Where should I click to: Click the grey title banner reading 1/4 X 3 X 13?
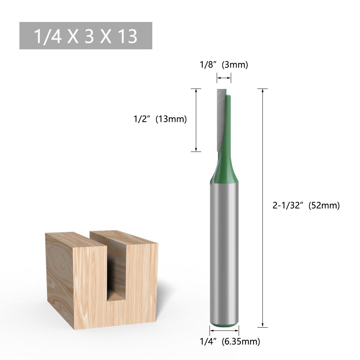click(86, 36)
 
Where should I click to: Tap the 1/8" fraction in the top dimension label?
click(208, 65)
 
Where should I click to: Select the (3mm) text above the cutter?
click(235, 65)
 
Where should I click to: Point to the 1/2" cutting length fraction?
click(141, 119)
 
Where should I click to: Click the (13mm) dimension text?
click(171, 119)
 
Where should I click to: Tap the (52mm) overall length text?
click(324, 206)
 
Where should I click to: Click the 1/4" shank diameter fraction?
click(208, 341)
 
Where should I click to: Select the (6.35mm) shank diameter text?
click(240, 341)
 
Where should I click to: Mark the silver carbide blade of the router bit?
click(220, 119)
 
